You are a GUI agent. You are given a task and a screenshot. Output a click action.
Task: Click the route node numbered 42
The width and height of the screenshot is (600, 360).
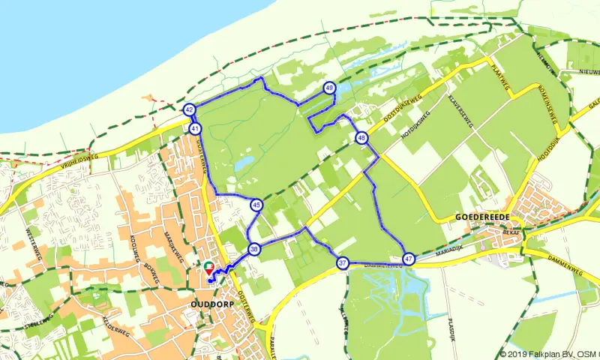(189, 110)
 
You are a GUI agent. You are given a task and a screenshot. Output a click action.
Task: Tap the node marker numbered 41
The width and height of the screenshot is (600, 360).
(196, 128)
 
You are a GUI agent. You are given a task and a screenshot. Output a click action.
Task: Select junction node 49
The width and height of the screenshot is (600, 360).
(330, 88)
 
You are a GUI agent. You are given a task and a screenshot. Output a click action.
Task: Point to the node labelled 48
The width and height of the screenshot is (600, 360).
(361, 138)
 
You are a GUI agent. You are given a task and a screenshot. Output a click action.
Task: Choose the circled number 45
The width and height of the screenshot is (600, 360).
(256, 205)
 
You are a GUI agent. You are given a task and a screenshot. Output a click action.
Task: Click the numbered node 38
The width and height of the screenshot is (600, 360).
(254, 250)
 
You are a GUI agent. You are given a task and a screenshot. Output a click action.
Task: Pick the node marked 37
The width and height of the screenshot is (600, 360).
(343, 263)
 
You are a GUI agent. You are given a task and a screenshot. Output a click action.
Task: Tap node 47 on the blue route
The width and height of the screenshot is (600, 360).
(409, 259)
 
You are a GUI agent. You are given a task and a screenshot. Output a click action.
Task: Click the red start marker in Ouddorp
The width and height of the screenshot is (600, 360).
(209, 268)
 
